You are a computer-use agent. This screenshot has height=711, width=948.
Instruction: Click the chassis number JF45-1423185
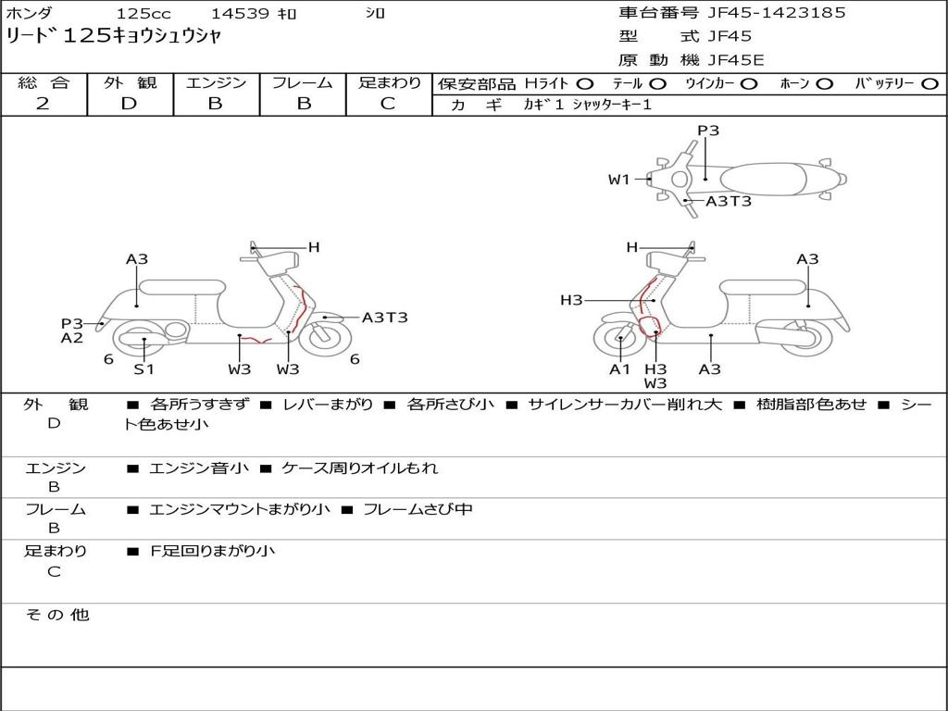[777, 13]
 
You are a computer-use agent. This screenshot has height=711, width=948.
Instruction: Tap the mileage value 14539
[242, 13]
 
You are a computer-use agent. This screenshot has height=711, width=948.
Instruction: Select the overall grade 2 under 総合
[43, 104]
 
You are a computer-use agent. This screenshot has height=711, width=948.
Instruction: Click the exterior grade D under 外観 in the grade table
[130, 104]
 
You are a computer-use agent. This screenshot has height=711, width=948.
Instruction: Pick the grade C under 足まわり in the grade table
[388, 104]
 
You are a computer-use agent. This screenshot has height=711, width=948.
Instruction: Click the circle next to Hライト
[585, 84]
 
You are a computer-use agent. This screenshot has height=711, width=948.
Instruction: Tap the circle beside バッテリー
[929, 84]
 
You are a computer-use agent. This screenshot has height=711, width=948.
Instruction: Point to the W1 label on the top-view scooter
[619, 180]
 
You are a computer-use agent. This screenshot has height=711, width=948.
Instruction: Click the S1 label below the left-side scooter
[143, 368]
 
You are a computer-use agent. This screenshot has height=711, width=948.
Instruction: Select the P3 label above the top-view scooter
[708, 131]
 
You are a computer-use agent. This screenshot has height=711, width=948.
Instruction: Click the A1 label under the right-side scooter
[619, 368]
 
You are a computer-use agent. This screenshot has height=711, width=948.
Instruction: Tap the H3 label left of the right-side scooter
[571, 300]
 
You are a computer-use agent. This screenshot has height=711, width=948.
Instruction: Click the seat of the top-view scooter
[763, 180]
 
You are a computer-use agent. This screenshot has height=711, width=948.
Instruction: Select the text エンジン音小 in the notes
[198, 468]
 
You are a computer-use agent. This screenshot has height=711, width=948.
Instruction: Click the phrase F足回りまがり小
[212, 551]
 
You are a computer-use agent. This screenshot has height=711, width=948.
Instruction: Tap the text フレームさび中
[418, 509]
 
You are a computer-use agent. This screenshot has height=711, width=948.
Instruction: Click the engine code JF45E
[736, 60]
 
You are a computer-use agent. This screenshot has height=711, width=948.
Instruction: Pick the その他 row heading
[56, 615]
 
